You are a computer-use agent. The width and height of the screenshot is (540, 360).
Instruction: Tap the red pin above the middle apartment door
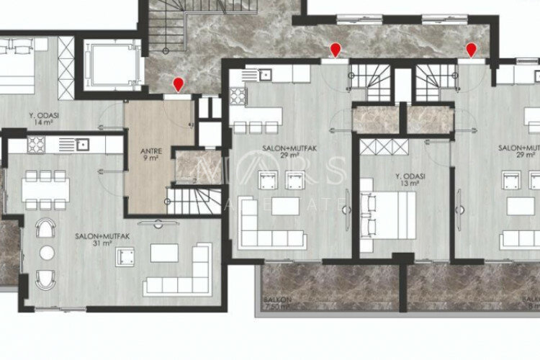335,50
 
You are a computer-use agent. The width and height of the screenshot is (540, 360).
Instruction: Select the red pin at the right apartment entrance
472,50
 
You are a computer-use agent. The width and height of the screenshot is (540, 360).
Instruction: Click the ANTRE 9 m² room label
150,154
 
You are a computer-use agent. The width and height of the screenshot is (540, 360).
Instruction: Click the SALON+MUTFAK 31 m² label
94,239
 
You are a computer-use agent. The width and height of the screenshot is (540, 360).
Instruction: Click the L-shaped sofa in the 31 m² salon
177,272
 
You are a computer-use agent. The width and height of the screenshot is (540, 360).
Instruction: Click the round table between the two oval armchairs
46,253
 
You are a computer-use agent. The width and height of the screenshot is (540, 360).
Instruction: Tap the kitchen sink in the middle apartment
264,73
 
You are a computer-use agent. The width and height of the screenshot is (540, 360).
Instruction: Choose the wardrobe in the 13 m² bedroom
384,146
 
